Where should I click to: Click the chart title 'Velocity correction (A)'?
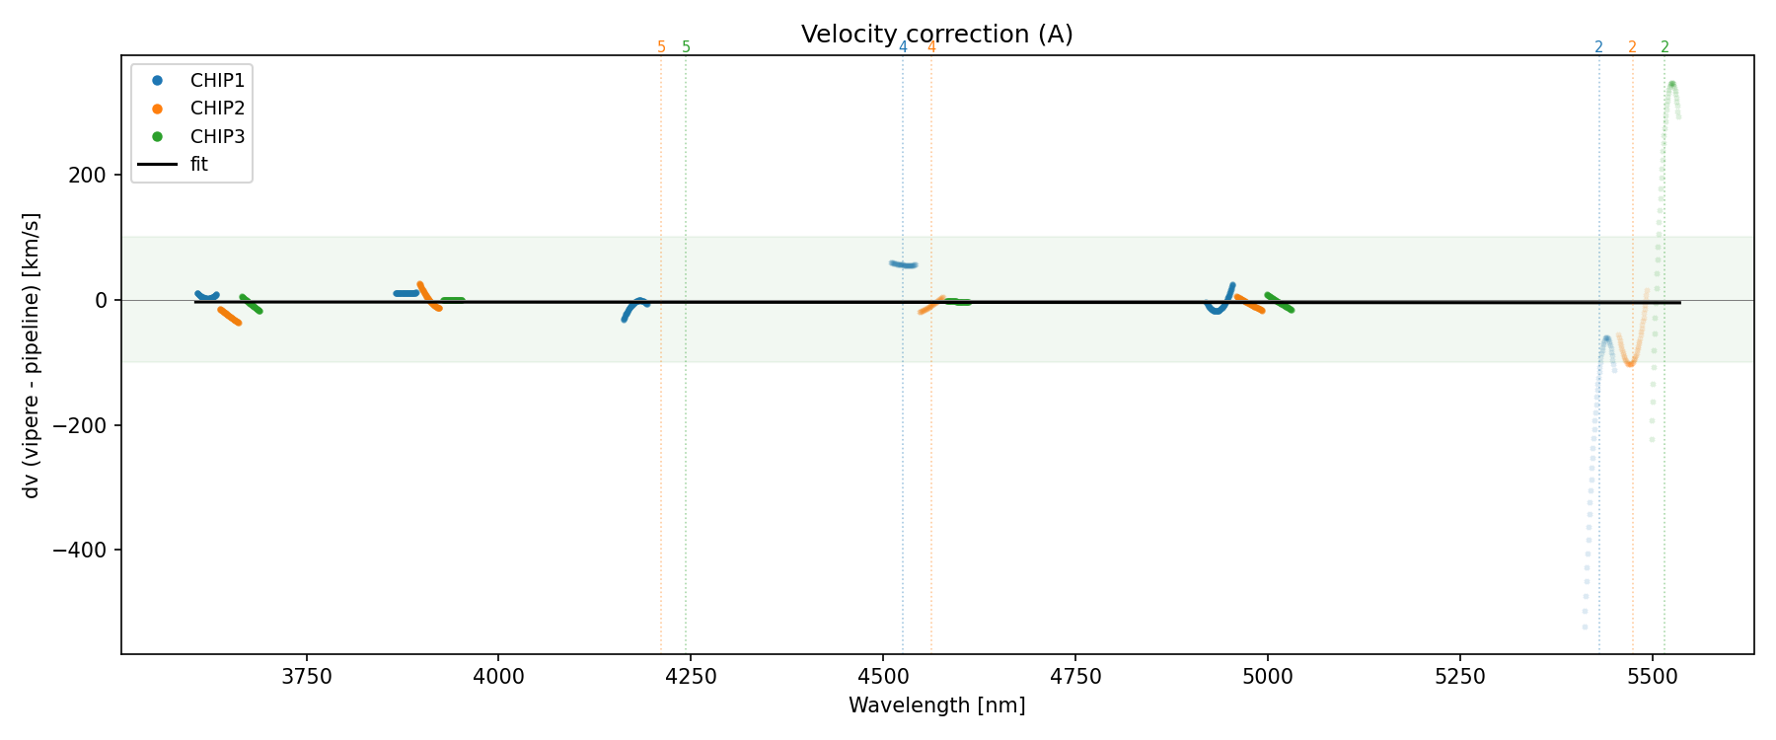point(936,35)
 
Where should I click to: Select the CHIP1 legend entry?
point(217,81)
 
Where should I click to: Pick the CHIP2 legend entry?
point(217,109)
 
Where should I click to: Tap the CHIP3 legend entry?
point(217,137)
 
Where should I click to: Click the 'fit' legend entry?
point(199,165)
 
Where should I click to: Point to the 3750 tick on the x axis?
point(307,677)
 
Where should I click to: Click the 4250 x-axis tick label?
point(691,677)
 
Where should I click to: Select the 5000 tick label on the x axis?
point(1267,677)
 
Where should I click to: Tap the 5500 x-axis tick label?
point(1652,677)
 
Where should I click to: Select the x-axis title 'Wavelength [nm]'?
point(936,705)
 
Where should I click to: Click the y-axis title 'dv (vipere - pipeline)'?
point(32,355)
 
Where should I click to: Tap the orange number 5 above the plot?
point(661,47)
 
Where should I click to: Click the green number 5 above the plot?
point(687,47)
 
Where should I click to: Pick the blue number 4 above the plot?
point(903,47)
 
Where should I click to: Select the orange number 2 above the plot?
point(1632,47)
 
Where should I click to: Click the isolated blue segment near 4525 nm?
point(904,264)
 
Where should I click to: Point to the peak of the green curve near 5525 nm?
point(1671,84)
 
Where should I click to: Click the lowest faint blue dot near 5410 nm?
point(1585,627)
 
